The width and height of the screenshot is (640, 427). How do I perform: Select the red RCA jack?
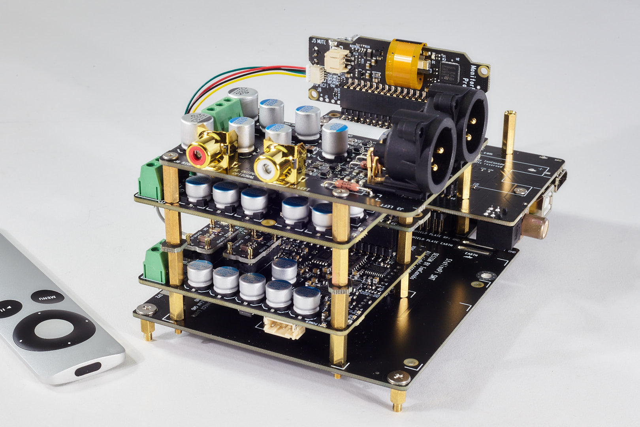pos(199,154)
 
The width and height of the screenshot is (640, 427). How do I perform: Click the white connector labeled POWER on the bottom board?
pos(284,328)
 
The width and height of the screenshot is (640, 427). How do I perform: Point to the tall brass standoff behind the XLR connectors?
pos(509,132)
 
